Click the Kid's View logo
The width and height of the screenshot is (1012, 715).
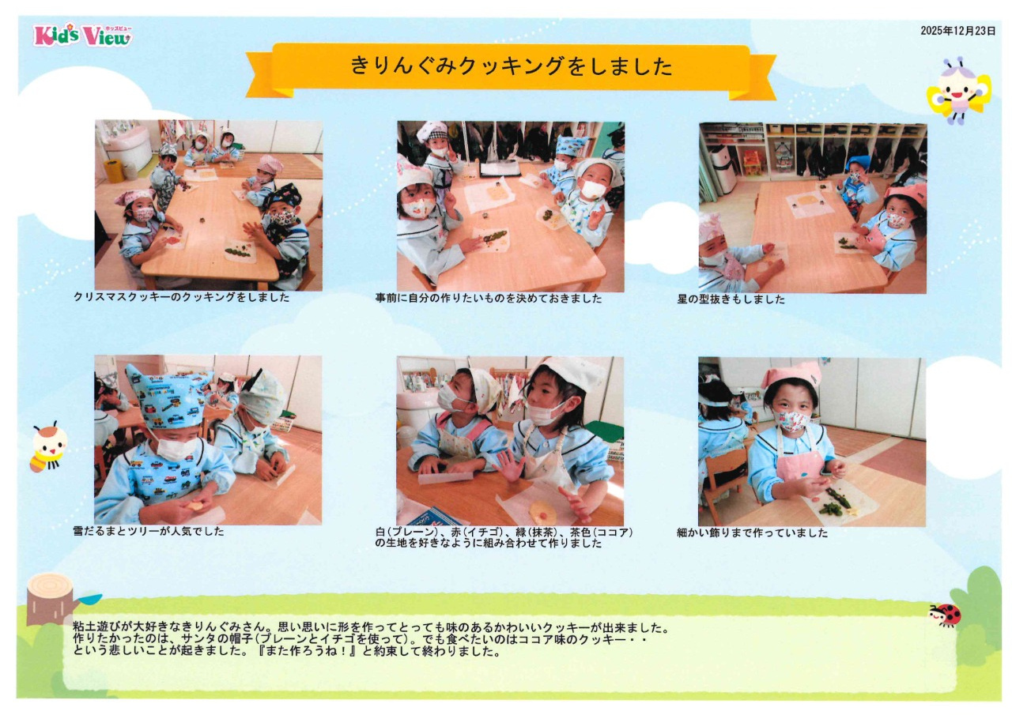tap(83, 36)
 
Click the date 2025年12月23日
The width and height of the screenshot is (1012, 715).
tap(957, 31)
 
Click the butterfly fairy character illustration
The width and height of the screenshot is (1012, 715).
tap(957, 91)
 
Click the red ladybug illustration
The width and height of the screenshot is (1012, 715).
tap(946, 615)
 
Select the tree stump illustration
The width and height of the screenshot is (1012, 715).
tap(51, 599)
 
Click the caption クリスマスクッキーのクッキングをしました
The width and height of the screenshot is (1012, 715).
tap(182, 297)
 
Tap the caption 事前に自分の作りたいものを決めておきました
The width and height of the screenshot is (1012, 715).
tap(489, 299)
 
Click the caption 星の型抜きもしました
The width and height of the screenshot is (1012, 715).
tap(731, 299)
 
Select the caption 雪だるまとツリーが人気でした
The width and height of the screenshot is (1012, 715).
tap(149, 531)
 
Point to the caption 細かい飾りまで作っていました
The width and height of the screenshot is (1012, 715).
tap(752, 532)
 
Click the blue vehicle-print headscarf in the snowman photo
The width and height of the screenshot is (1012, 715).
tap(168, 398)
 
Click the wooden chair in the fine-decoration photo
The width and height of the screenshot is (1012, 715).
tap(728, 482)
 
